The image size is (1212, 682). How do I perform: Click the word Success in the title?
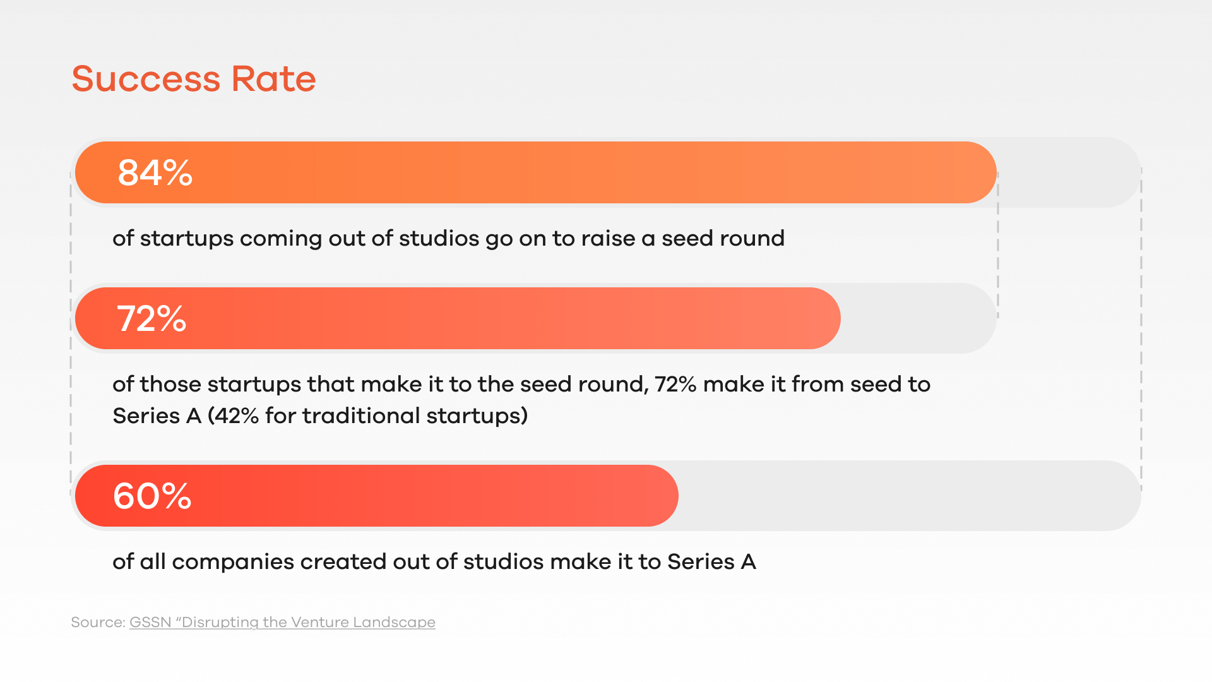[146, 79]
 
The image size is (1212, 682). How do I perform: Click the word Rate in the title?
[274, 79]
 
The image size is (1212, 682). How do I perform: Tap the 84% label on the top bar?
[155, 172]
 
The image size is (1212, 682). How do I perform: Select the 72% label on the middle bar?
[151, 318]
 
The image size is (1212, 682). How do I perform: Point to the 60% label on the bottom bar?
[152, 496]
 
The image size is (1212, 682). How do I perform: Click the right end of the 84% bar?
[996, 172]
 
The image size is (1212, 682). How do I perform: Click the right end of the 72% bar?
[840, 318]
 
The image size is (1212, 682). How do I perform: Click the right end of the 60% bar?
[678, 496]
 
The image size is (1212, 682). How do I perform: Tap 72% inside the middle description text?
[675, 384]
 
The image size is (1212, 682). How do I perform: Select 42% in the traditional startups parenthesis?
[237, 416]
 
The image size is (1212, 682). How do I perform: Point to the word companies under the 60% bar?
[233, 561]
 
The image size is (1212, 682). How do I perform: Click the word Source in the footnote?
[97, 622]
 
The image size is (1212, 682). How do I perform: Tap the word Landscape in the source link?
[394, 623]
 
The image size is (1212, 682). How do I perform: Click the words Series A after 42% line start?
[157, 416]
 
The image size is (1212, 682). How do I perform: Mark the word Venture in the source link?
[321, 622]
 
